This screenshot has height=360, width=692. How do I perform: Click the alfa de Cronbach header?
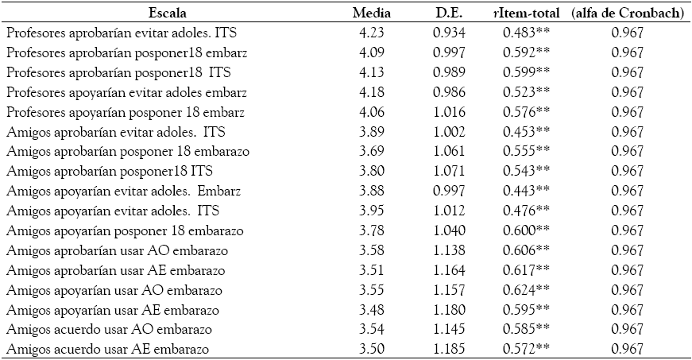[x=628, y=13]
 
